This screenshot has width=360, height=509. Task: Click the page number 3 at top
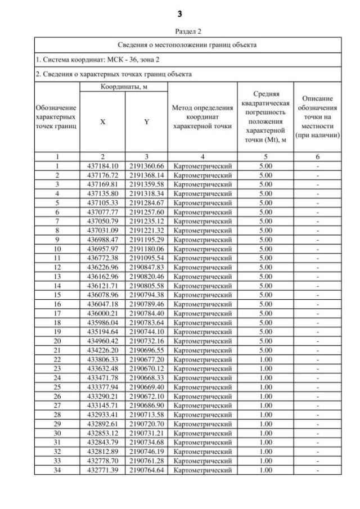179,13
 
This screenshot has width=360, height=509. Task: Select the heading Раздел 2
179,31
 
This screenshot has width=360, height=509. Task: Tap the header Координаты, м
124,87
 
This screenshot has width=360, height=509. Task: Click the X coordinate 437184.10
102,166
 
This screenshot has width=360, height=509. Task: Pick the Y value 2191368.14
146,175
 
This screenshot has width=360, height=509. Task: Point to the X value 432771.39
102,470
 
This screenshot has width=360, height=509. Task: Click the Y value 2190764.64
146,470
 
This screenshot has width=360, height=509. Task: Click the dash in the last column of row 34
318,470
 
